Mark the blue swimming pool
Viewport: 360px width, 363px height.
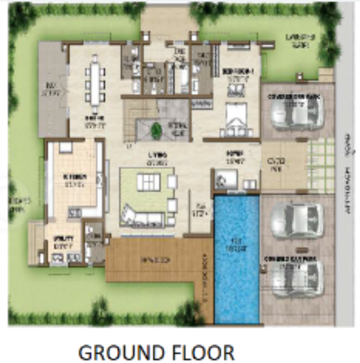point(236,258)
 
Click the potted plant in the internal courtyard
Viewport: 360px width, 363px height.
point(156,129)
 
